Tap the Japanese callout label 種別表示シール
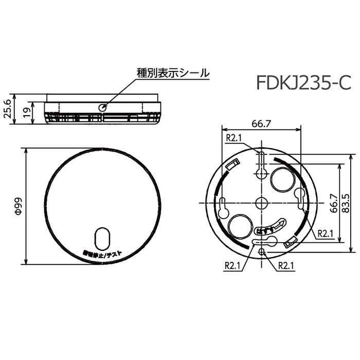pos(173,73)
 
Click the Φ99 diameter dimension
pos(17,206)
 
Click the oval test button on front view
pos(103,238)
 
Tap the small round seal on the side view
pos(102,107)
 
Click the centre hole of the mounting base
pos(261,202)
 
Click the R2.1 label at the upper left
pos(234,138)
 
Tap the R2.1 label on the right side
pos(326,233)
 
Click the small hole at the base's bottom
pos(262,251)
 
